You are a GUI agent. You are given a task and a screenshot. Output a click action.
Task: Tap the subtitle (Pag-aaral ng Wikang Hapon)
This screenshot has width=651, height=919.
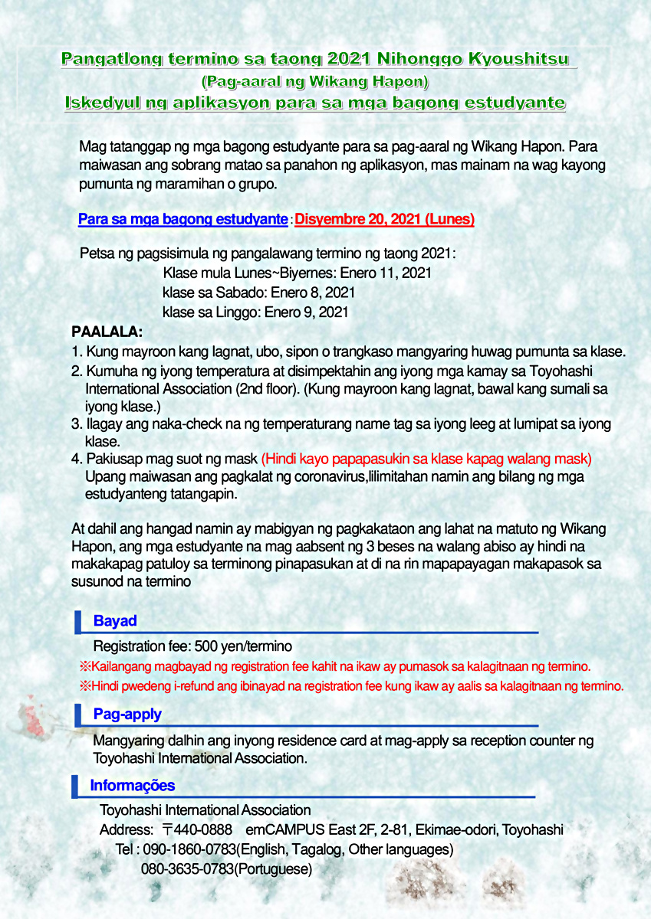[314, 80]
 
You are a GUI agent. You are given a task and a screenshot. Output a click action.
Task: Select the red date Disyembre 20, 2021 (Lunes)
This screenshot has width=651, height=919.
[384, 220]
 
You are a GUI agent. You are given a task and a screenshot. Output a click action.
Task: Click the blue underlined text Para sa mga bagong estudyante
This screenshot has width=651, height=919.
[182, 220]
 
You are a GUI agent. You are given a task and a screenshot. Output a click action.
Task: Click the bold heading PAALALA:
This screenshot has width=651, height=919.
[107, 332]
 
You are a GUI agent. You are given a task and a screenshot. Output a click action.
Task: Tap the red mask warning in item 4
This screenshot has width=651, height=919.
[426, 459]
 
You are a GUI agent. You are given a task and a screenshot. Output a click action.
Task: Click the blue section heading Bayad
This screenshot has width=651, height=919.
[115, 621]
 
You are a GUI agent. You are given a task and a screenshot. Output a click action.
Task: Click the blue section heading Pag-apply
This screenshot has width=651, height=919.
[127, 715]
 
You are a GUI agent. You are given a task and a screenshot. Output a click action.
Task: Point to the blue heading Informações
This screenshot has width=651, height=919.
[132, 786]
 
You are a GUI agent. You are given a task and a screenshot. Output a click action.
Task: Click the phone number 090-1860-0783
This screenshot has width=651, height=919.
[189, 850]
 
